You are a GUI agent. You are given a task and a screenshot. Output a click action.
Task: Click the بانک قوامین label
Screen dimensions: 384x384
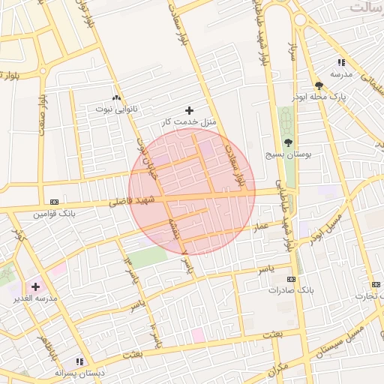pos(49,214)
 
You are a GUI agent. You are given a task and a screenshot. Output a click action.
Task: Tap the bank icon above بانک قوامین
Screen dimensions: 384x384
pos(54,201)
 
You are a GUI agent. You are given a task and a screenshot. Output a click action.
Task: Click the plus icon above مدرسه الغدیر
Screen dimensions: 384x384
pos(35,286)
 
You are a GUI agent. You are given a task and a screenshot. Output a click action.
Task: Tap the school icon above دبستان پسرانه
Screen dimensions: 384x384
pos(79,361)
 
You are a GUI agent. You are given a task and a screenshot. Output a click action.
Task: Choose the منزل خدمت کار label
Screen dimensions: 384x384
pos(189,121)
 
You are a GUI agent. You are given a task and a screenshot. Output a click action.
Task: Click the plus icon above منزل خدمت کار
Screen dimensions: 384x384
pos(189,109)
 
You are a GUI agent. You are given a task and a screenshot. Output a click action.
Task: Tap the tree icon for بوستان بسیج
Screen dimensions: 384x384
pos(289,142)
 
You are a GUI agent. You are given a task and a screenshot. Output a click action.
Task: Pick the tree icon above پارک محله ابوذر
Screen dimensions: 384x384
pos(319,85)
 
